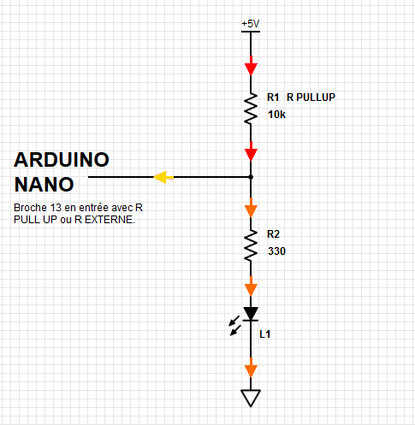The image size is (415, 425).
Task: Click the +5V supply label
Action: [251, 24]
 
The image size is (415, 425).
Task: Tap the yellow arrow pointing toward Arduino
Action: [163, 177]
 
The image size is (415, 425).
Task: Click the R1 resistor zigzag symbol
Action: [251, 109]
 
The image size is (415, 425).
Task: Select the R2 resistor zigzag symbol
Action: [251, 245]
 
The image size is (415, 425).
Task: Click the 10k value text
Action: [276, 115]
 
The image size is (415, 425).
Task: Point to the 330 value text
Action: [276, 251]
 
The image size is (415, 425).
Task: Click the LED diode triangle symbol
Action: [251, 314]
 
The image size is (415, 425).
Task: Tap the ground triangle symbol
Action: [251, 398]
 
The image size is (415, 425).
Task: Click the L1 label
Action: [265, 334]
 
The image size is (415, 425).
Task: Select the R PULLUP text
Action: [311, 97]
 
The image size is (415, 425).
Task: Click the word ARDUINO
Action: [62, 160]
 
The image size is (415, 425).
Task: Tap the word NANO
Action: [44, 185]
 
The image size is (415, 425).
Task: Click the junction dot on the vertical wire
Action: [251, 177]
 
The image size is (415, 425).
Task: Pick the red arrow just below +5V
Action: [251, 66]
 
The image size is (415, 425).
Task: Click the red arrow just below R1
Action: [251, 151]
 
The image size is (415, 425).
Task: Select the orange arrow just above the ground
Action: [251, 368]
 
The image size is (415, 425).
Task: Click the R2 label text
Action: [273, 234]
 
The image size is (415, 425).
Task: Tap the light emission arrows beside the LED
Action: [234, 326]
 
